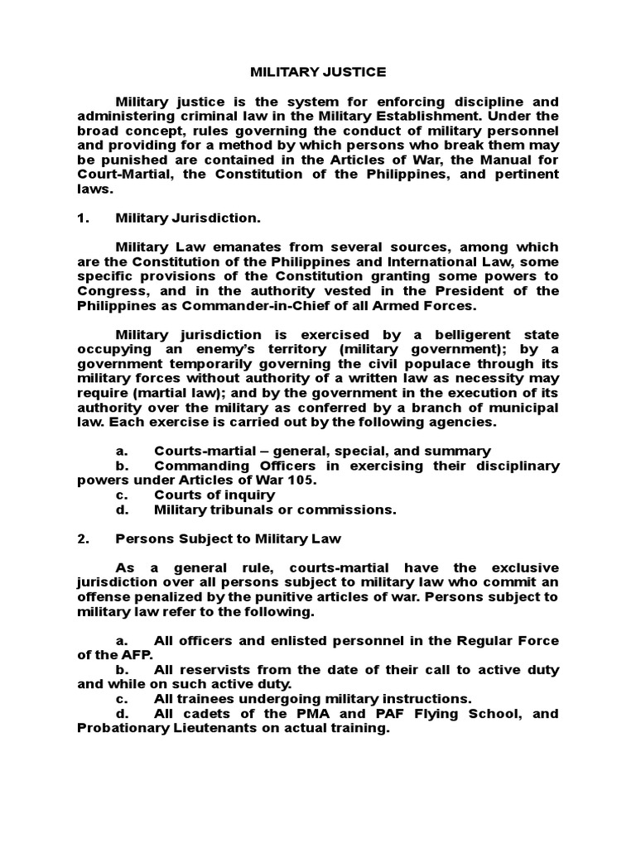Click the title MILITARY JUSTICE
point(318,72)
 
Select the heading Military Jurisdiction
point(188,218)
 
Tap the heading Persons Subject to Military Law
point(228,538)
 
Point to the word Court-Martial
point(123,175)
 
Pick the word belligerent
point(470,335)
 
